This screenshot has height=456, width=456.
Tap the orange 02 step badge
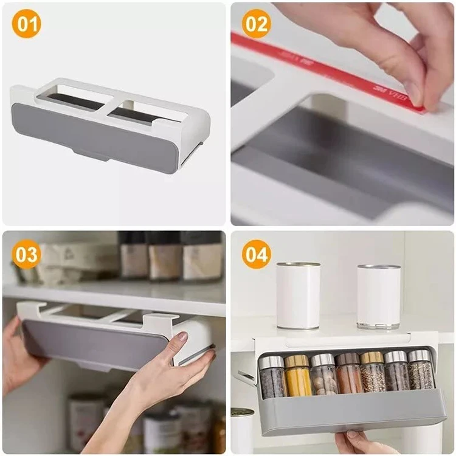click(256, 24)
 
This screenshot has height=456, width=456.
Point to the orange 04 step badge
click(256, 255)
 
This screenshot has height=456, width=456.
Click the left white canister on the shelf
click(298, 295)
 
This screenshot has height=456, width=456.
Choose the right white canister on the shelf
click(379, 297)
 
